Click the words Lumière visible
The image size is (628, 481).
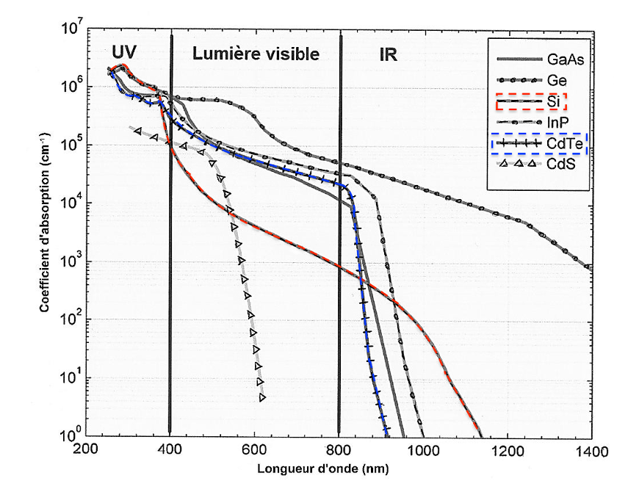(256, 54)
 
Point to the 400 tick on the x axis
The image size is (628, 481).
(170, 449)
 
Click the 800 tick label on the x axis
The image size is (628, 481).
(339, 449)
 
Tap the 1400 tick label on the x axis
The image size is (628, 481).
(591, 449)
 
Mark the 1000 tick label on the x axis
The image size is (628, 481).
(422, 449)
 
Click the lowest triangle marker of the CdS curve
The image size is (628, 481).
(262, 397)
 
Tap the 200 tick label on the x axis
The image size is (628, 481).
(86, 449)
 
